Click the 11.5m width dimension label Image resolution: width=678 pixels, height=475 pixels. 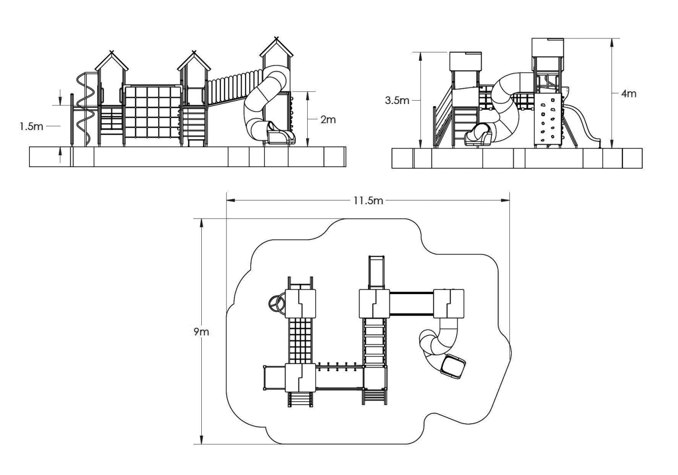point(368,201)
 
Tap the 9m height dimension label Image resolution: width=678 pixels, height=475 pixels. point(201,332)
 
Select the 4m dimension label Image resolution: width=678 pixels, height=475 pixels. point(629,94)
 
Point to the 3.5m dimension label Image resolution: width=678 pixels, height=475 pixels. point(397,100)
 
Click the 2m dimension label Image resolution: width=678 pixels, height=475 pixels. point(328,120)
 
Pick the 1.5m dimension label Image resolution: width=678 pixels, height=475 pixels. point(31,126)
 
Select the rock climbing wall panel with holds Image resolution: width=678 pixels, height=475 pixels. point(548,121)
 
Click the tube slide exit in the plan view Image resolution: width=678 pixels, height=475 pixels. point(453,367)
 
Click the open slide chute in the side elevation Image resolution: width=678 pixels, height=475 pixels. point(583,125)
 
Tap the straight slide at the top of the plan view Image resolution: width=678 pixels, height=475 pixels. point(376,273)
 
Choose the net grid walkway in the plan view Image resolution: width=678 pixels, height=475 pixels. point(300,340)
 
